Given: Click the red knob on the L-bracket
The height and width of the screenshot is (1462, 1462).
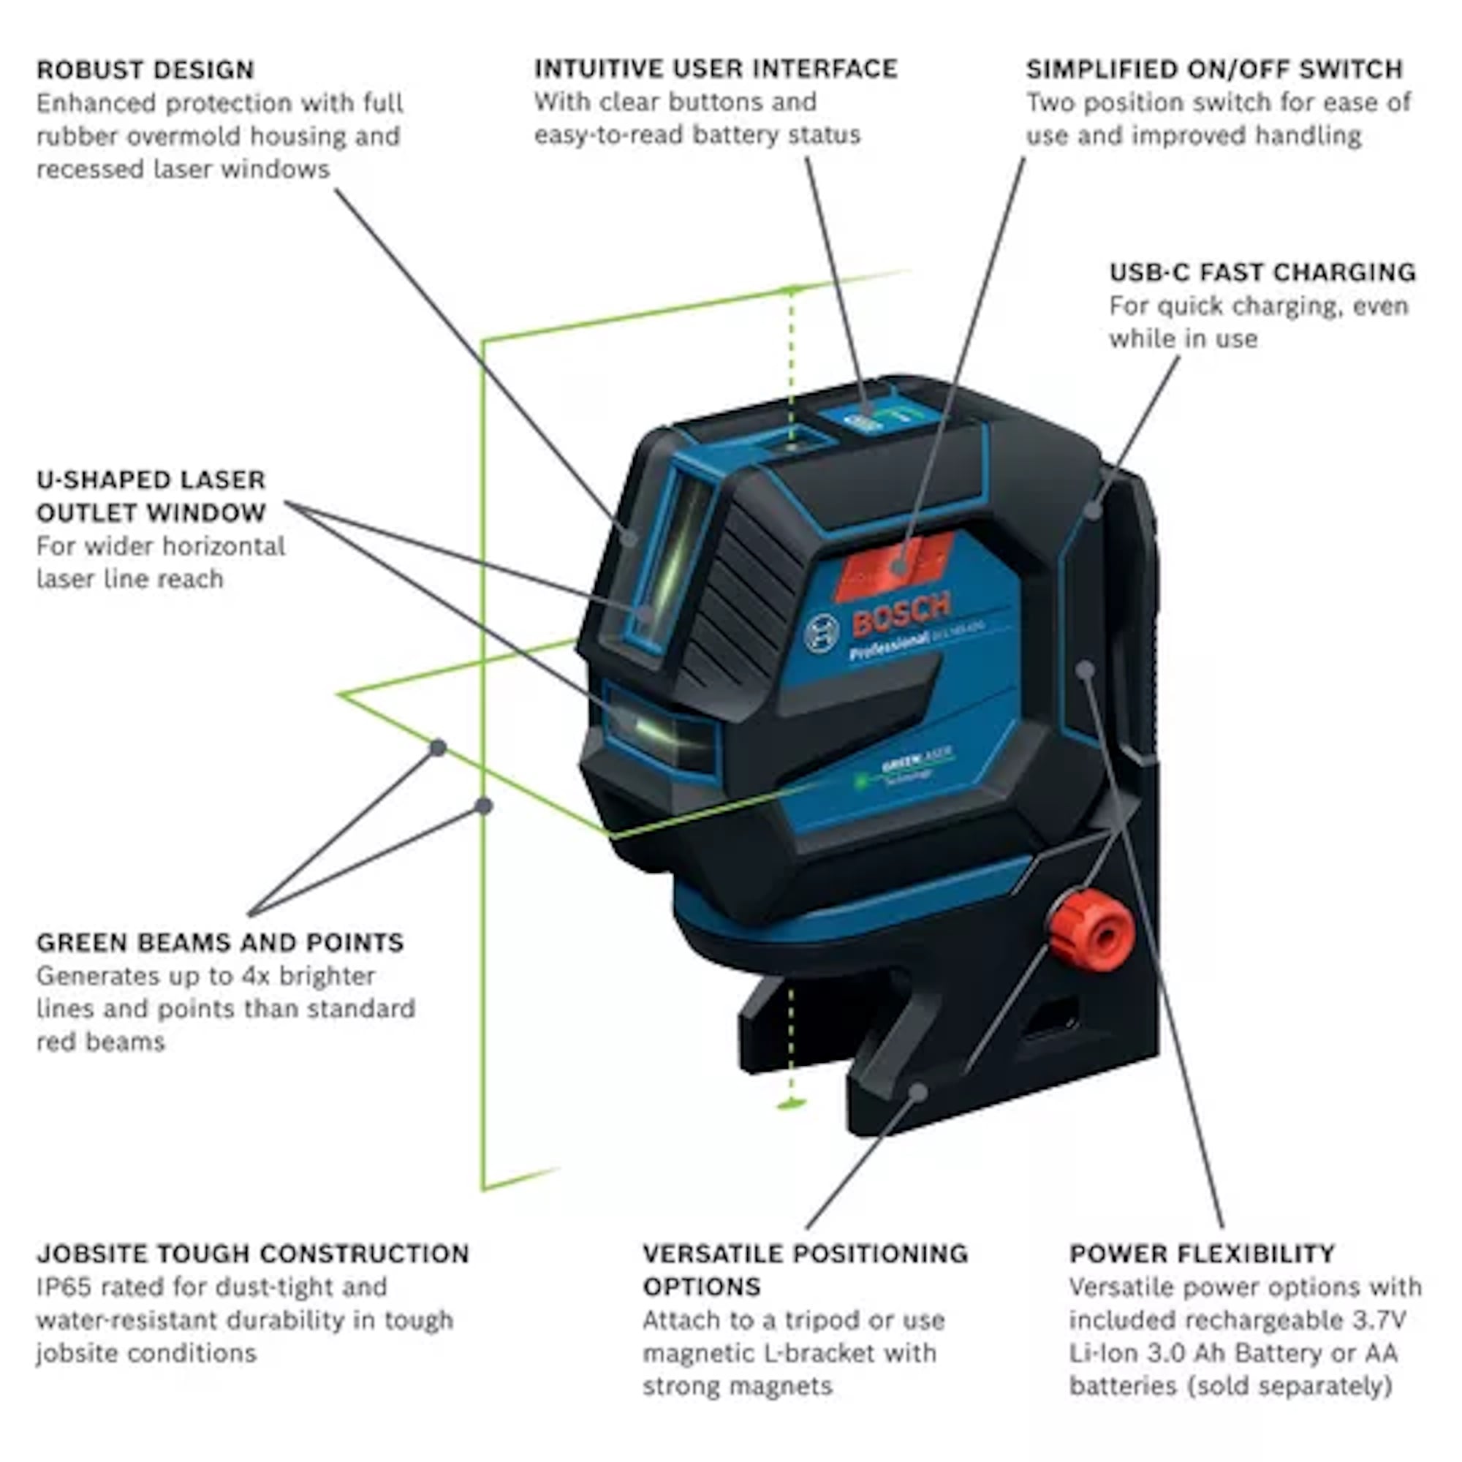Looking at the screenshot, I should (x=1091, y=936).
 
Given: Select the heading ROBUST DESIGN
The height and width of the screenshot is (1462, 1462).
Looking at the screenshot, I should (x=145, y=70).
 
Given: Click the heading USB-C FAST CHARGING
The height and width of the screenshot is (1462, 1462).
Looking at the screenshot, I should (x=1262, y=273).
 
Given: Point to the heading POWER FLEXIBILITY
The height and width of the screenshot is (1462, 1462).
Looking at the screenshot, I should (x=1202, y=1254).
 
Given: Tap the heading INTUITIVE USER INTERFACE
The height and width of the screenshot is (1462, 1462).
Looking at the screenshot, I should (x=715, y=69).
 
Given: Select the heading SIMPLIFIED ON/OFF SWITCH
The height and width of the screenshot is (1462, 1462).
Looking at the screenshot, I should (x=1213, y=69).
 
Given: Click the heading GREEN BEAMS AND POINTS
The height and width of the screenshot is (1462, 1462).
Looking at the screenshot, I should (x=219, y=943).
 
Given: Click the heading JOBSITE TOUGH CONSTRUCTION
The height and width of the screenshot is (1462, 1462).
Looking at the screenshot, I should (x=253, y=1254).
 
